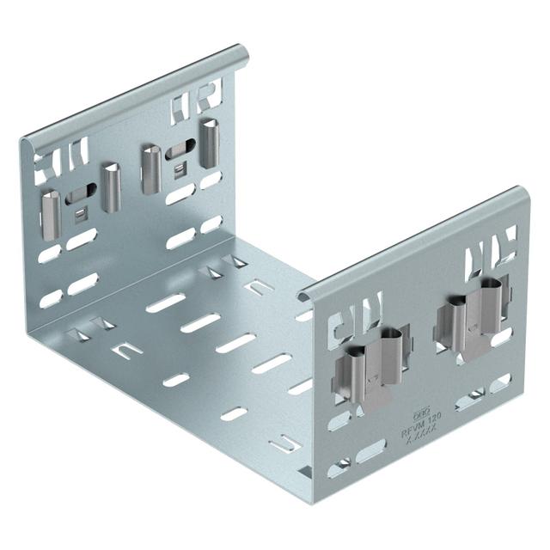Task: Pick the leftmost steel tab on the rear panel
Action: click(51, 205)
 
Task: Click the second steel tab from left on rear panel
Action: click(109, 186)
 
